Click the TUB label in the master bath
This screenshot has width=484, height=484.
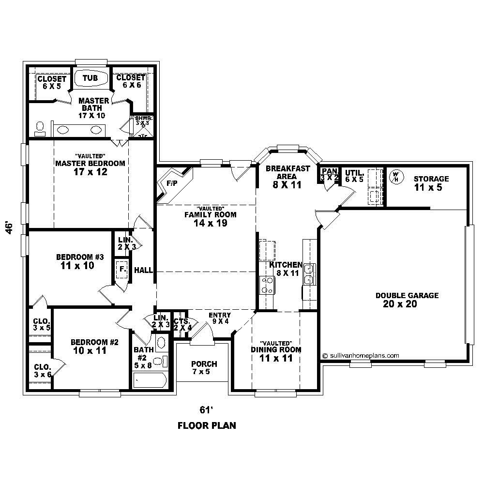[x=90, y=77]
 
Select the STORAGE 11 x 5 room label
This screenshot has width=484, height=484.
[x=431, y=182]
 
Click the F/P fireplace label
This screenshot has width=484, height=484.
[x=172, y=184]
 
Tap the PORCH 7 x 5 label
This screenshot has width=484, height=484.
[x=204, y=368]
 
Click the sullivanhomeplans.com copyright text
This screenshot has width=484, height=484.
[x=361, y=355]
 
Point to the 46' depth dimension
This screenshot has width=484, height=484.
[x=9, y=228]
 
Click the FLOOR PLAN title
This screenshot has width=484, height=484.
[x=207, y=426]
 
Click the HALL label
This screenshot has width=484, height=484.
[x=143, y=270]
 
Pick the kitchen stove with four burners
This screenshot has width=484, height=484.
[x=266, y=285]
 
